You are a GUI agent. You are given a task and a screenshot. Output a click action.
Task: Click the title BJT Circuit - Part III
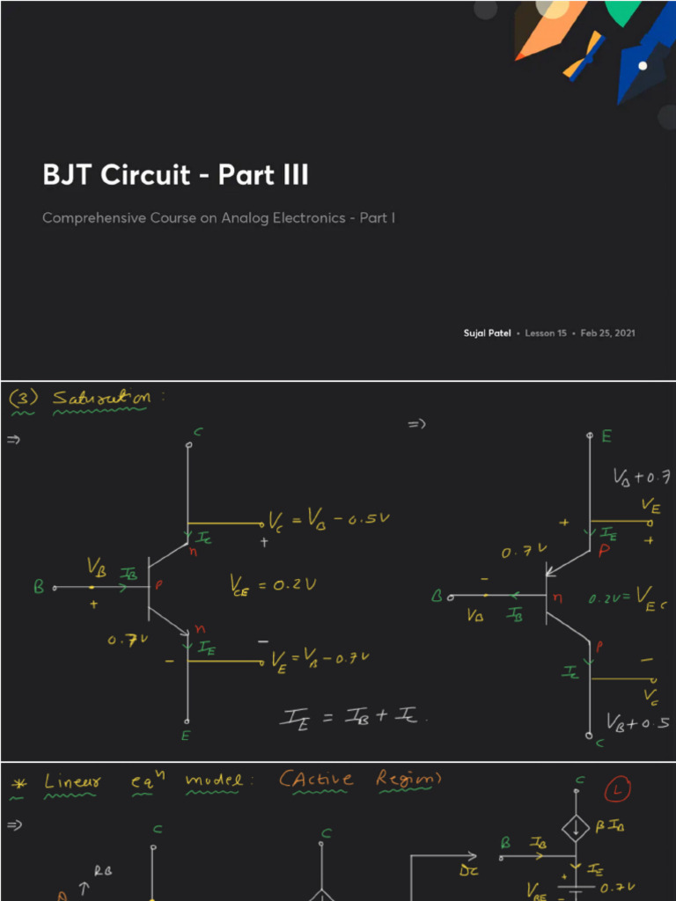[x=175, y=174]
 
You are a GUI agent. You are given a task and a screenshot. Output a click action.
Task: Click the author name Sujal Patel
[x=487, y=333]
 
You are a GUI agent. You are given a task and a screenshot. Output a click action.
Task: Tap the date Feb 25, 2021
[x=608, y=333]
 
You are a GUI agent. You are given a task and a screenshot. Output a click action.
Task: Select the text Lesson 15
[x=546, y=333]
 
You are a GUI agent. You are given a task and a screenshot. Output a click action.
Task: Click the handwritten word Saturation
[x=101, y=399]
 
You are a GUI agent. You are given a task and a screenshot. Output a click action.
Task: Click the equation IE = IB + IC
[x=353, y=717]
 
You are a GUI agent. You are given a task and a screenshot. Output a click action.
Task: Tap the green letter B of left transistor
[x=39, y=587]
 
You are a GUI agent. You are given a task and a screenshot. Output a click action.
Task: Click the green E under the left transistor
[x=186, y=736]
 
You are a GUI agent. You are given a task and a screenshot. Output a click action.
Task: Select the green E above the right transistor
[x=607, y=437]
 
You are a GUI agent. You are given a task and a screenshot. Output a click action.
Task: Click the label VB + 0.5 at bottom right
[x=637, y=722]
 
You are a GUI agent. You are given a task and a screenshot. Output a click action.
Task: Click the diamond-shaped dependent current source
[x=576, y=826]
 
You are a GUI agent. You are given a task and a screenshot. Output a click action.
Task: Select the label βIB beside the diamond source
[x=611, y=826]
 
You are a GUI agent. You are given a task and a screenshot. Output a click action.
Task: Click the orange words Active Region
[x=360, y=780]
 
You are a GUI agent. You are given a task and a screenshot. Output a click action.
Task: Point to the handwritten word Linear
[x=73, y=782]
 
